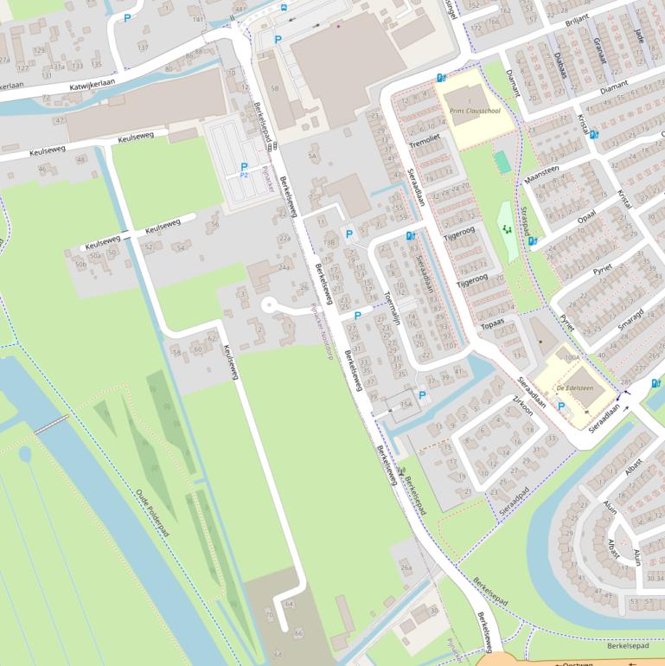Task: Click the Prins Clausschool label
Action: pos(475,111)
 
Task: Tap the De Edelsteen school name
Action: pos(572,389)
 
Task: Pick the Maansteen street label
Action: pos(541,175)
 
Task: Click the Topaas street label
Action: pos(492,324)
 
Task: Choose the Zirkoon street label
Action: pos(524,407)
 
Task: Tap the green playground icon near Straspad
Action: pos(505,230)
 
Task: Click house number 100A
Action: pos(571,356)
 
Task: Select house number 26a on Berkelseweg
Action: pos(406,567)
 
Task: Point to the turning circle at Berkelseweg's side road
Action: pos(268,304)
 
